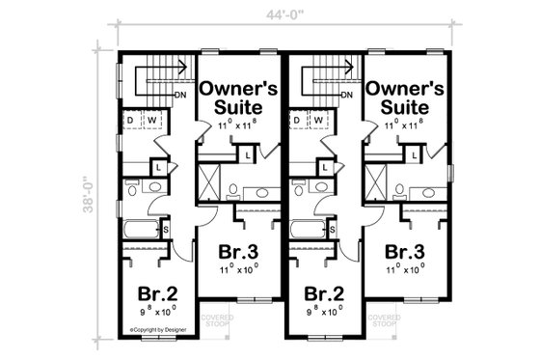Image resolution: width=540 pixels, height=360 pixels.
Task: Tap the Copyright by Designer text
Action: pyautogui.click(x=160, y=328)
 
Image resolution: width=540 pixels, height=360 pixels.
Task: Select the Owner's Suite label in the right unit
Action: pyautogui.click(x=404, y=97)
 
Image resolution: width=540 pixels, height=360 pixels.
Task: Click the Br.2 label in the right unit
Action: pyautogui.click(x=324, y=293)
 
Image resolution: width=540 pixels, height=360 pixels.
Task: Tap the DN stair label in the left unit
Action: pyautogui.click(x=180, y=95)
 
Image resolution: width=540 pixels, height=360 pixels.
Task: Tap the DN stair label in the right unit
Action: pyautogui.click(x=347, y=95)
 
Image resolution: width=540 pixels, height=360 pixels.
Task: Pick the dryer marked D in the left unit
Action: pyautogui.click(x=132, y=121)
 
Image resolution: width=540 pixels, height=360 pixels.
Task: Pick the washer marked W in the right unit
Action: pyautogui.click(x=318, y=121)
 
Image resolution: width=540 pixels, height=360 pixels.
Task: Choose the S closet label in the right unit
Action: pyautogui.click(x=333, y=229)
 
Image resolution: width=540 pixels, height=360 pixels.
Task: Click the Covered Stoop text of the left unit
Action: pyautogui.click(x=216, y=318)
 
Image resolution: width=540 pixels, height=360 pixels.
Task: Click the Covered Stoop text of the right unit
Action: pyautogui.click(x=383, y=318)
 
